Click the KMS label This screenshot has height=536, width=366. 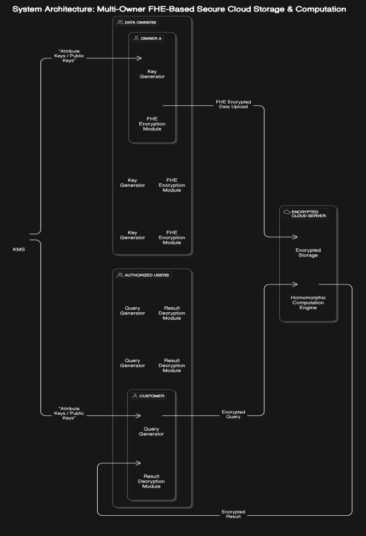pyautogui.click(x=19, y=249)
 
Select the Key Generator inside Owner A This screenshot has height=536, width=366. pyautogui.click(x=156, y=74)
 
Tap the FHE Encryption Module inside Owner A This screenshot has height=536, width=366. pyautogui.click(x=156, y=124)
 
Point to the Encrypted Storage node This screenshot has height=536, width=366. pyautogui.click(x=308, y=252)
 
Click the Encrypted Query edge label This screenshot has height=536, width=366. pyautogui.click(x=233, y=414)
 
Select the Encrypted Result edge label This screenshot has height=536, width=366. pyautogui.click(x=233, y=514)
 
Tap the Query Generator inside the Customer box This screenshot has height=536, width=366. pyautogui.click(x=152, y=431)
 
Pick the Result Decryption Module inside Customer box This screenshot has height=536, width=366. pyautogui.click(x=152, y=481)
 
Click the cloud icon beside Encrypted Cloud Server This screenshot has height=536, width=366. pyautogui.click(x=287, y=212)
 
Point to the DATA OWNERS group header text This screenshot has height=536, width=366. pyautogui.click(x=140, y=22)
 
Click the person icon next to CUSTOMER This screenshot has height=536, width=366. pyautogui.click(x=135, y=396)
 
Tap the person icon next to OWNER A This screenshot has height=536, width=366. pyautogui.click(x=137, y=39)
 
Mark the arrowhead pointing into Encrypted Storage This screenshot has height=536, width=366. pyautogui.click(x=295, y=236)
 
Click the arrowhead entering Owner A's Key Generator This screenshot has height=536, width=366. pyautogui.click(x=139, y=58)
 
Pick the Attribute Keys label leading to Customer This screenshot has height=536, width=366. pyautogui.click(x=69, y=413)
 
